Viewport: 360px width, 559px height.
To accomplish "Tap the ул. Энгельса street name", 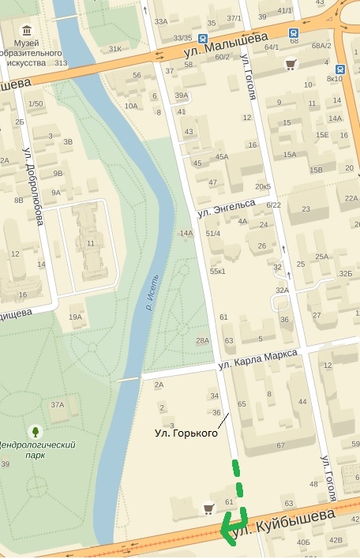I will tap(227, 208).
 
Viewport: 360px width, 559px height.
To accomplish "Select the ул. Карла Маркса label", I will tap(258, 360).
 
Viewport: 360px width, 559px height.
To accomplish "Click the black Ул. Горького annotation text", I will tap(186, 433).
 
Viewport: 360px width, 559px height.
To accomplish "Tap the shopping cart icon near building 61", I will tap(209, 508).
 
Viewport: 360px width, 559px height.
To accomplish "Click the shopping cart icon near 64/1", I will tap(291, 65).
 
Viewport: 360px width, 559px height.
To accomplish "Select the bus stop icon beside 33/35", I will tap(204, 38).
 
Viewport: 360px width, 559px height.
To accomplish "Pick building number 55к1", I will tap(217, 271).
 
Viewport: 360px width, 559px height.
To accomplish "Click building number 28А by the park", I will tap(203, 340).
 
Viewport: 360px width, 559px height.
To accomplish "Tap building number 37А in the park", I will tap(58, 404).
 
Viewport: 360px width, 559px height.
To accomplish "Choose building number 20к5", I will tap(262, 186).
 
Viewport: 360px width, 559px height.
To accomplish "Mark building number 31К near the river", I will tap(115, 48).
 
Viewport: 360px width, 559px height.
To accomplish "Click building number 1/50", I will tap(36, 103).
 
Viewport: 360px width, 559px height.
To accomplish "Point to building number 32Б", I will tap(345, 273).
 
